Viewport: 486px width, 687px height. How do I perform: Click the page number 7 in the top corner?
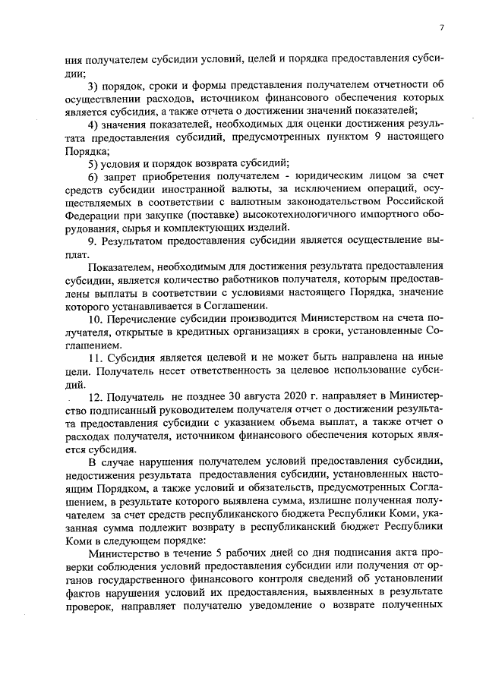[x=440, y=28]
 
